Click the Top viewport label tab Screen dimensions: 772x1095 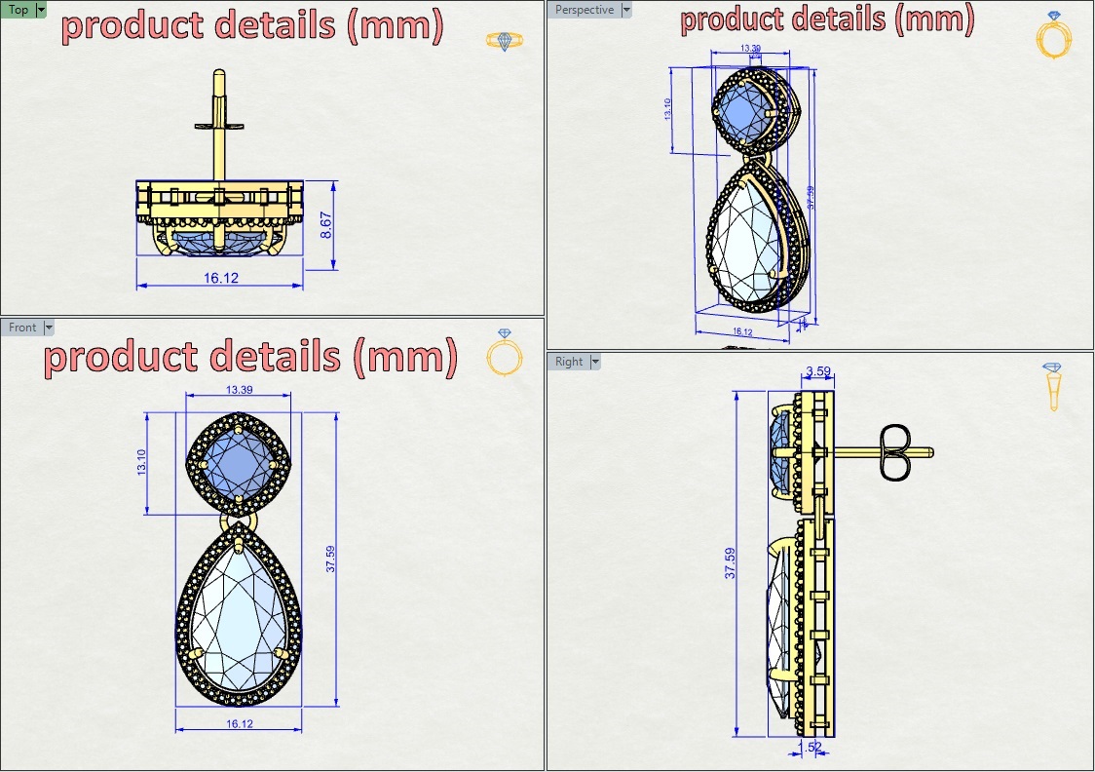pyautogui.click(x=19, y=10)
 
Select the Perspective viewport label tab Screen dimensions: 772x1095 pyautogui.click(x=585, y=10)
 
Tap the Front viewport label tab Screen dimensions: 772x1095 pyautogui.click(x=22, y=328)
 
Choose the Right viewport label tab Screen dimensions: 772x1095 pyautogui.click(x=569, y=362)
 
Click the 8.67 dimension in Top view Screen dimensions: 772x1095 pyautogui.click(x=326, y=226)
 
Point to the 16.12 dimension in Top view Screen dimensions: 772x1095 pyautogui.click(x=221, y=278)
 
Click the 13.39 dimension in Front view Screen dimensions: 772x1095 pyautogui.click(x=239, y=390)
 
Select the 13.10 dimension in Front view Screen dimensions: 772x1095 pyautogui.click(x=142, y=462)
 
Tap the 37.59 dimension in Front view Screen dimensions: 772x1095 pyautogui.click(x=330, y=560)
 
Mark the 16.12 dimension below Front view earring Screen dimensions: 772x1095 pyautogui.click(x=240, y=723)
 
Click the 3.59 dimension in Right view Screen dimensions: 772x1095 pyautogui.click(x=818, y=370)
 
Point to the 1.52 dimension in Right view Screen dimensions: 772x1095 pyautogui.click(x=810, y=747)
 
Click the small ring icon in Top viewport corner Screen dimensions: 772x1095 pyautogui.click(x=504, y=40)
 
